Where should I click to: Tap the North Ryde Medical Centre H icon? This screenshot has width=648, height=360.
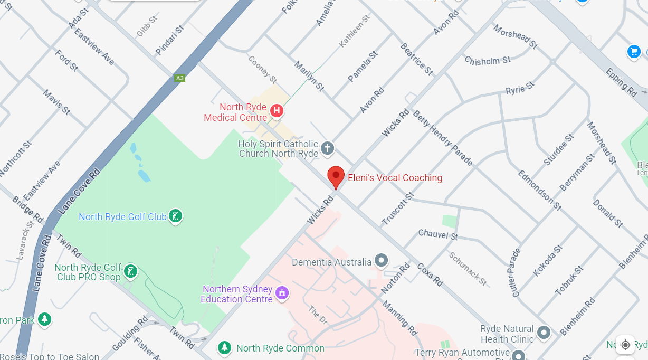coord(276,111)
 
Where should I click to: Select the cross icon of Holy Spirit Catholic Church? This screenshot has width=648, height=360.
coord(328,148)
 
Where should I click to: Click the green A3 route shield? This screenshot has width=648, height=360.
coord(180,78)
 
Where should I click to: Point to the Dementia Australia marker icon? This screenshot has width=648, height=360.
coord(381,260)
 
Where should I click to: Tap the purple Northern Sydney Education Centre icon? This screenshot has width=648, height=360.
coord(282,292)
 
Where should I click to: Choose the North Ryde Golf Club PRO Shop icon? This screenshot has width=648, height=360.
coord(130,272)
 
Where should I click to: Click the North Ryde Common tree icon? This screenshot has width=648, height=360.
coord(225,348)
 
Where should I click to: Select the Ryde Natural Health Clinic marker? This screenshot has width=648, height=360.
coord(544,333)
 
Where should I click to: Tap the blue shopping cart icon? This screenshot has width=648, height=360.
coord(634,51)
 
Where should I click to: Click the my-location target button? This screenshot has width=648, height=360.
coord(625,345)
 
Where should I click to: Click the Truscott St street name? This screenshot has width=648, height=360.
coord(398,209)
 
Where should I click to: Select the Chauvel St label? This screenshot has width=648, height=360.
coord(438,234)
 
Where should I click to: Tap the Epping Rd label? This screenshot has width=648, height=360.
coord(621,82)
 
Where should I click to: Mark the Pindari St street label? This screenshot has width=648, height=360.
coord(169,40)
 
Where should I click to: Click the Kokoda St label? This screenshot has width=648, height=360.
coord(545,260)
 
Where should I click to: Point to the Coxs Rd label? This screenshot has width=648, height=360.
coord(430,274)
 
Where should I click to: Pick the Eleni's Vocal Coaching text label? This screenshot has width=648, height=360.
coord(395,178)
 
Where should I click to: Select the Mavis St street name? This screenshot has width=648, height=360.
coord(56,102)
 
